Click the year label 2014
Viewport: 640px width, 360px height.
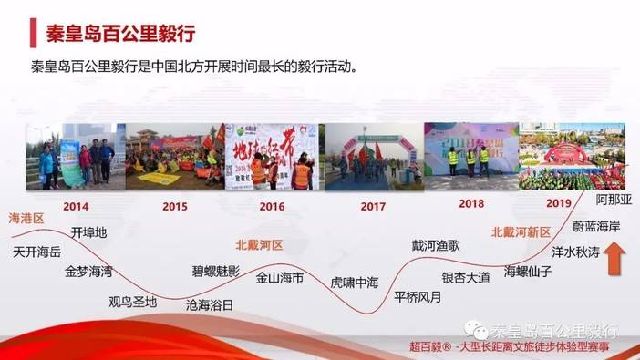click(77, 206)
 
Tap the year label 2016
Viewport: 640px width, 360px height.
click(272, 206)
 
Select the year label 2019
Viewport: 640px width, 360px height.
click(559, 203)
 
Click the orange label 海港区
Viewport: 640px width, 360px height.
click(26, 219)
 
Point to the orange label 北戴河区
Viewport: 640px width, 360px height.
click(259, 245)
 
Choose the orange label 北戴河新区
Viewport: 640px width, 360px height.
click(521, 231)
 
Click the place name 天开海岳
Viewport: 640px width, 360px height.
click(38, 252)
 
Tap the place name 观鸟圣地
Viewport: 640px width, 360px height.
click(132, 302)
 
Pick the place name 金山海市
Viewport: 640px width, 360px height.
click(280, 277)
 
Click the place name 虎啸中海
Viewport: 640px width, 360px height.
click(355, 283)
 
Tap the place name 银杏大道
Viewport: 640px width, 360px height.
click(466, 277)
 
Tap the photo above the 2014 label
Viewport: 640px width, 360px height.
click(77, 156)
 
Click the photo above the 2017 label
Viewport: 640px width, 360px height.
click(367, 156)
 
